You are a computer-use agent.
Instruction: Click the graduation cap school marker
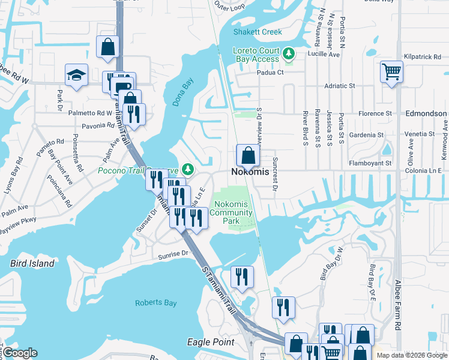coord(77,76)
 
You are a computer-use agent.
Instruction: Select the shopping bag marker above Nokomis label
coord(248,157)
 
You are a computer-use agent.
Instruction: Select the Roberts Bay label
coord(155,303)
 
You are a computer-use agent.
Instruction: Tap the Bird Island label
coord(32,263)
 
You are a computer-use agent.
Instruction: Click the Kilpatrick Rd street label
coord(423,56)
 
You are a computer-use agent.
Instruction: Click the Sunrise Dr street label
coord(173,254)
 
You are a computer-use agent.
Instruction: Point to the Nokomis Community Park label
coord(231,212)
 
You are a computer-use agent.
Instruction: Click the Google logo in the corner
coord(19,353)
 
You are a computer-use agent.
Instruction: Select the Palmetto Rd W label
coord(90,113)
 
